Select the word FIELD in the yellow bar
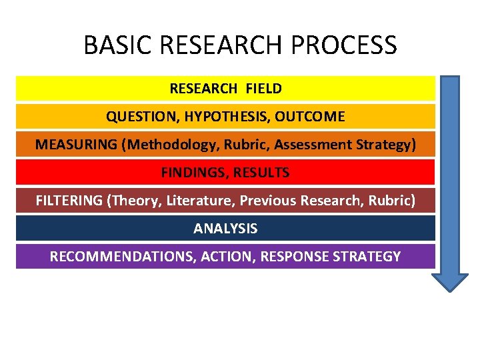click(263, 88)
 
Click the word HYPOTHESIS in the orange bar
click(227, 117)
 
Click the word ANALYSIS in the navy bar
click(225, 229)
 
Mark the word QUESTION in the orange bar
click(142, 117)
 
